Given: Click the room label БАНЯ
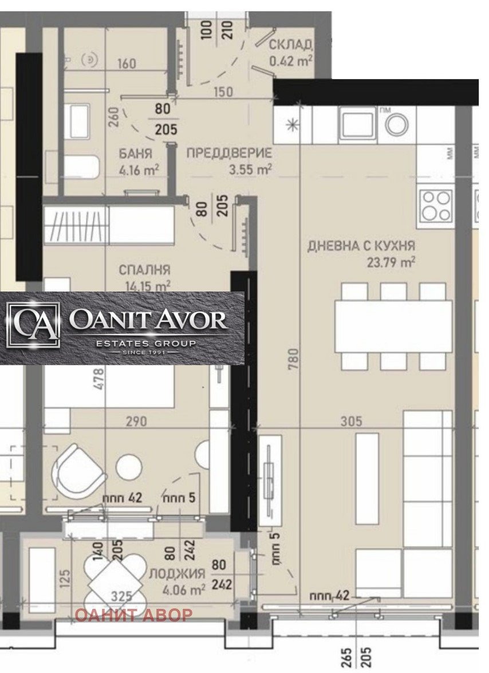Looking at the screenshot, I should tap(136, 154).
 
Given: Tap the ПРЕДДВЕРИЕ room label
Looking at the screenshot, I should tap(229, 154).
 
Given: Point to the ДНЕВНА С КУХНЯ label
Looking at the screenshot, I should tap(361, 246).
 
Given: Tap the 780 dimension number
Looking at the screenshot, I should tap(293, 361).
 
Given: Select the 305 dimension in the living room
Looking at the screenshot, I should tap(351, 422).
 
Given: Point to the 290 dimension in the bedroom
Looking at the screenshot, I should tap(136, 422).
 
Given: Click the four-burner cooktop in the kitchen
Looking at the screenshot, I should tap(436, 206).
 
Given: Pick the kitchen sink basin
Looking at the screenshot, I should tap(357, 123).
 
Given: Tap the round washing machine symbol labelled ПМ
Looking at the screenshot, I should tap(396, 124).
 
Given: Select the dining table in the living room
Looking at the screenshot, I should tap(393, 326).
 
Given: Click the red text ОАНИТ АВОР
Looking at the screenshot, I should tap(134, 615).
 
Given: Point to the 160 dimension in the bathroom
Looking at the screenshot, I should tap(127, 63).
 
